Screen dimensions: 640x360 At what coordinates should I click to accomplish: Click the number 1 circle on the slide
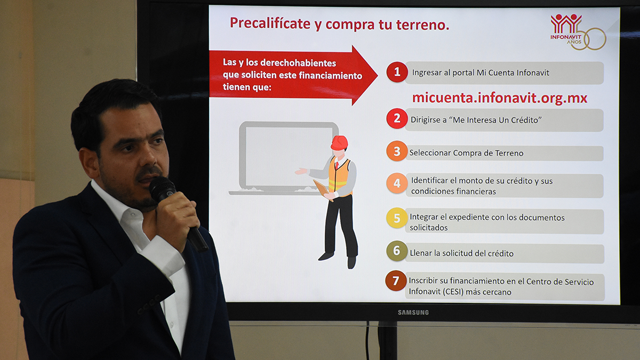[x=397, y=71]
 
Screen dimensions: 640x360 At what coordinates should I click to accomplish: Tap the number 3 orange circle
[x=397, y=151]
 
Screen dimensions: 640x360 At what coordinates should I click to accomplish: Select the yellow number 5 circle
[x=397, y=218]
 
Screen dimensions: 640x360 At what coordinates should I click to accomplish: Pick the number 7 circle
[x=396, y=281]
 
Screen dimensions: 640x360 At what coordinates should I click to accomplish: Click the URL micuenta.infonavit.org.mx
[x=500, y=98]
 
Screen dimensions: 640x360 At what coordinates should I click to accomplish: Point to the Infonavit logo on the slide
[x=578, y=32]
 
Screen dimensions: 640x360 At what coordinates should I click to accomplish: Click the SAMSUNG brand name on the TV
[x=413, y=313]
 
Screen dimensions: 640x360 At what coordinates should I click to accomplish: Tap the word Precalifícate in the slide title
[x=270, y=23]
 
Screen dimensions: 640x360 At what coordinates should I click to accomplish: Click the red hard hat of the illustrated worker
[x=339, y=142]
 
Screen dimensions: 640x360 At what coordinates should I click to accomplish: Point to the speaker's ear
[x=89, y=163]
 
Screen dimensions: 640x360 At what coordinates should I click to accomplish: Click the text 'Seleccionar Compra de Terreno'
[x=466, y=153]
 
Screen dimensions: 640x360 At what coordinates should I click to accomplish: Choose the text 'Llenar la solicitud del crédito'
[x=461, y=253]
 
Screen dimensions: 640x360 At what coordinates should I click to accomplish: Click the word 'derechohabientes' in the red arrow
[x=298, y=63]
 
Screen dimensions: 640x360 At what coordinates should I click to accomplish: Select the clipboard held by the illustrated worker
[x=323, y=190]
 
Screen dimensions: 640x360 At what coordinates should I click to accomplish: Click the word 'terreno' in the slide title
[x=422, y=25]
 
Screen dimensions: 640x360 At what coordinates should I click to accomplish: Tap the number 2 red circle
[x=397, y=118]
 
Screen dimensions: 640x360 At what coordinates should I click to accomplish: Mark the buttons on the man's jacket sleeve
[x=149, y=305]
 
